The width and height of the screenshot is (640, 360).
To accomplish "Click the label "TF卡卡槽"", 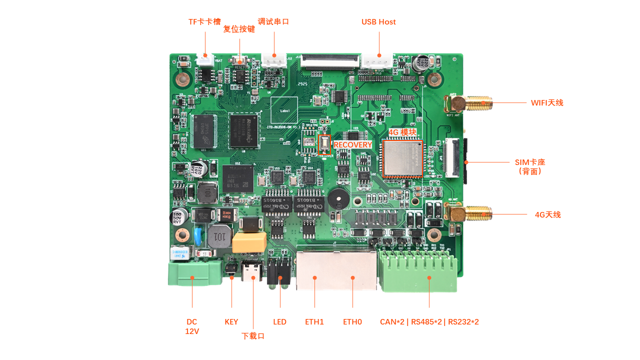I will (x=204, y=22).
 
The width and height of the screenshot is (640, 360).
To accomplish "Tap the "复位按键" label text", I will (x=239, y=29).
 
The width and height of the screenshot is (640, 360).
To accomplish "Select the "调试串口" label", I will (x=273, y=22).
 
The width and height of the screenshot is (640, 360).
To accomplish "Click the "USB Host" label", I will (x=378, y=22).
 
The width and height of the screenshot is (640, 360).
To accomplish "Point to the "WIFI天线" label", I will (x=547, y=103).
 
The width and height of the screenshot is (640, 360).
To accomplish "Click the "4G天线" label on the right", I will (x=547, y=215).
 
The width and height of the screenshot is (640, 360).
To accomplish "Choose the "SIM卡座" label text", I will (x=530, y=162).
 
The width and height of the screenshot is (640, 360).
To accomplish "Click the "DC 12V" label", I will (x=192, y=326).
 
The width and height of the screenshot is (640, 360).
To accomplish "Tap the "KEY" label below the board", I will (x=231, y=322).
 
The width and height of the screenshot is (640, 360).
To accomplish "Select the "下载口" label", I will (x=253, y=336).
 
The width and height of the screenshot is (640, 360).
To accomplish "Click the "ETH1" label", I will (x=314, y=322).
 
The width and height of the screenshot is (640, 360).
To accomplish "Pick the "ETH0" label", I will (x=352, y=322).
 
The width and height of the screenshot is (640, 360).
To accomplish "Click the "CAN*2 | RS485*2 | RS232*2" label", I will (x=429, y=322).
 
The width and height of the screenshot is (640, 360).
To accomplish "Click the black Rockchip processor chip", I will (x=244, y=130).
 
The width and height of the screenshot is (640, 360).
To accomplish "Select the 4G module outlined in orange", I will (x=403, y=158).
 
